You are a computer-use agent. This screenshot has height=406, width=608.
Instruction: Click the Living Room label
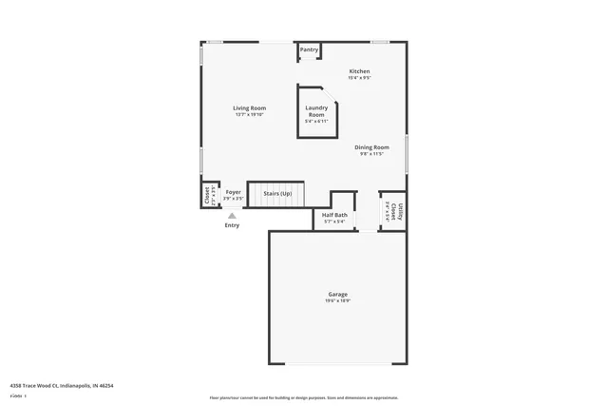(249, 108)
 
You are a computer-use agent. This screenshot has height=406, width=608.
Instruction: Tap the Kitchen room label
(359, 72)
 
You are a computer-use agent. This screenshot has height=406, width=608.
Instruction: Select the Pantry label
(309, 50)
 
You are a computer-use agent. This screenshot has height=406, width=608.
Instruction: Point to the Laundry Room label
(316, 111)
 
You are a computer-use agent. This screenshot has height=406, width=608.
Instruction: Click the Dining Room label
(371, 147)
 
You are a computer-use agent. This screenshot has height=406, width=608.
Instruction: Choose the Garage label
(337, 295)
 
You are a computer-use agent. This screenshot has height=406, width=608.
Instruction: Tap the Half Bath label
(334, 215)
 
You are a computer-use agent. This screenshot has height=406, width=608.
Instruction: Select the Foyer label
(233, 193)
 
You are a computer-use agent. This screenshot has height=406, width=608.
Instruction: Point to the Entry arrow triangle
(232, 216)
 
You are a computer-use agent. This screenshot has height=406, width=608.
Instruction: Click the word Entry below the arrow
(232, 225)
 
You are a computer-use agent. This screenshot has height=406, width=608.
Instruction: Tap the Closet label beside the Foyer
(206, 195)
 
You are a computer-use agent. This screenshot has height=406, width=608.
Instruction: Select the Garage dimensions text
(337, 301)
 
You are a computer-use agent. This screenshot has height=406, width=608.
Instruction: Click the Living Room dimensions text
(249, 115)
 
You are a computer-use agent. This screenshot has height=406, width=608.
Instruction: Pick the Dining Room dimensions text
(371, 154)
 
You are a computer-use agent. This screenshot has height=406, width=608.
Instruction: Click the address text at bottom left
(62, 385)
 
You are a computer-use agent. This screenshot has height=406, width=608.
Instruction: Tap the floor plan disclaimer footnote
(304, 397)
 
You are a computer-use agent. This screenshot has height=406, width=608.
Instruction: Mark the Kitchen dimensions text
(359, 79)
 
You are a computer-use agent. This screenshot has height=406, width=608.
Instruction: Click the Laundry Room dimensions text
(316, 122)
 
